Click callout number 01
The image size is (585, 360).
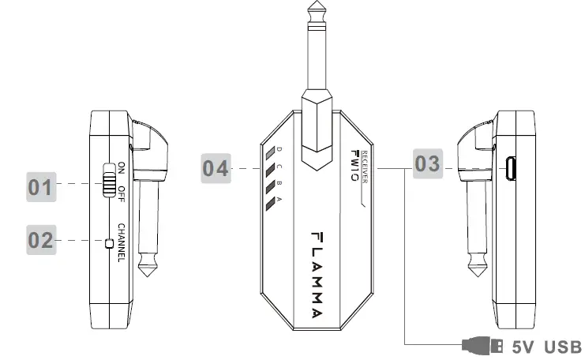(41, 187)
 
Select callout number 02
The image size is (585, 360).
(41, 240)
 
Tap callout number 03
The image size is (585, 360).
(428, 163)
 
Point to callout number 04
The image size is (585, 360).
(216, 168)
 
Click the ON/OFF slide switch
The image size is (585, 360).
(109, 180)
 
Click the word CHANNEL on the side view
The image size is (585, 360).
(122, 242)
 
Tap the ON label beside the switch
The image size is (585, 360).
(122, 168)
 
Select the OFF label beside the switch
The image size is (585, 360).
(122, 194)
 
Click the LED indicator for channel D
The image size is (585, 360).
(270, 152)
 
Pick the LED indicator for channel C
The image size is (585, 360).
(270, 170)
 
